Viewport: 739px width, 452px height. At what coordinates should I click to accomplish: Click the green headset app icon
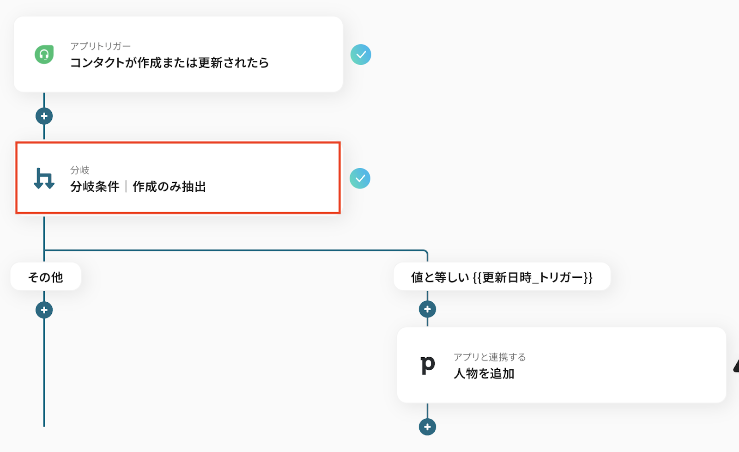(44, 55)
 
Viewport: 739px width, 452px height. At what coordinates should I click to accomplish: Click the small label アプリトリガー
(100, 46)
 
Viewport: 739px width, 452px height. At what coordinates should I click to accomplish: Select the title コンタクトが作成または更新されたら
(169, 63)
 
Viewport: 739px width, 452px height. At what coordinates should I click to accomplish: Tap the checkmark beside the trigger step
(361, 55)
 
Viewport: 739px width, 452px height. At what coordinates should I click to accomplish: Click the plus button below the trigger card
(44, 116)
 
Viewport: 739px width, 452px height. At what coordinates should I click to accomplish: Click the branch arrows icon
(44, 178)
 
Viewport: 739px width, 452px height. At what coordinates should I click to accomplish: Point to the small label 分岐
(79, 170)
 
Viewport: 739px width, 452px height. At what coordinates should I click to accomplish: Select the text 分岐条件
(95, 187)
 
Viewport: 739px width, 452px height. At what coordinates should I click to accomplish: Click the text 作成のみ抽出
(169, 187)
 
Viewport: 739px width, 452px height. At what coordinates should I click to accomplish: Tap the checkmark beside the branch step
(360, 178)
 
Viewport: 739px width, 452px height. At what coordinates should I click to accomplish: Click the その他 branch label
(45, 277)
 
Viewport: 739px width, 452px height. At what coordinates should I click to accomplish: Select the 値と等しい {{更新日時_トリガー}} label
(502, 277)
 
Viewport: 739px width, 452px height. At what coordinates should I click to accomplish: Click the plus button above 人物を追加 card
(427, 309)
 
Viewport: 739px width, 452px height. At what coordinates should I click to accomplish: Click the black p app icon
(428, 365)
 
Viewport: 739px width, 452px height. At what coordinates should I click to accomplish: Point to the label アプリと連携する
(490, 357)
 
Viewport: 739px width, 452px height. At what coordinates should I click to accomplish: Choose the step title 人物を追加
(484, 373)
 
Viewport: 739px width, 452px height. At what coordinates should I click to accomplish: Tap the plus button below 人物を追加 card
(427, 427)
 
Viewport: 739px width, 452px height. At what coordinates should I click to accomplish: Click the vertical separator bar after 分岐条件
(126, 187)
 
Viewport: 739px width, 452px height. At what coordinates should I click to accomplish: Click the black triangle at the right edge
(736, 366)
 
